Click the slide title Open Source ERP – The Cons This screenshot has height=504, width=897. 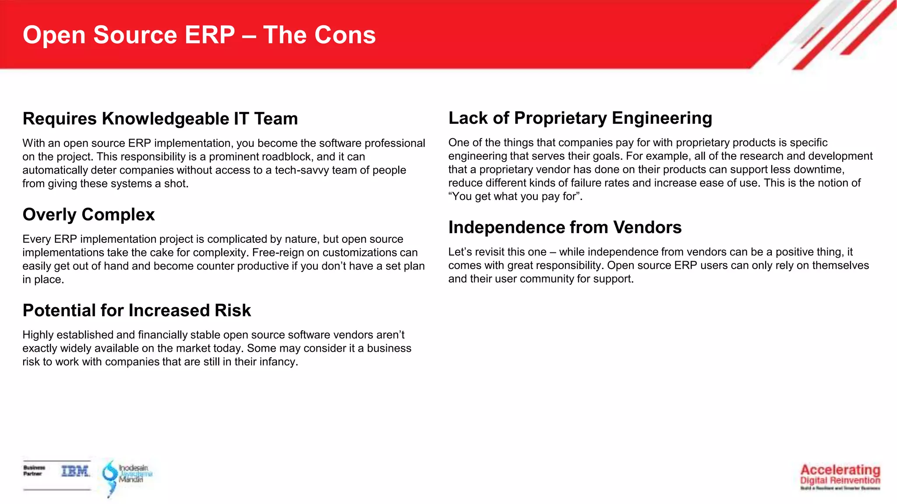coord(199,35)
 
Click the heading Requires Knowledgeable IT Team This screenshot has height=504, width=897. coord(160,119)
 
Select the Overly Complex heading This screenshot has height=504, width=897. coord(88,214)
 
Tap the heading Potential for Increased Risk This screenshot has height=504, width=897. coord(137,310)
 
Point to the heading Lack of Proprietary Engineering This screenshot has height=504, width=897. coord(580,118)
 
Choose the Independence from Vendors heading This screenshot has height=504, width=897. coord(565,227)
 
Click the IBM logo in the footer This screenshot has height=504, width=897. coord(75,471)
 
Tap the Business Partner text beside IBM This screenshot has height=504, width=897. coord(34,470)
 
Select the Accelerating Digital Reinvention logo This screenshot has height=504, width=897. coord(840,476)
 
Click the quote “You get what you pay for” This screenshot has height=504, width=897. coord(515,196)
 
